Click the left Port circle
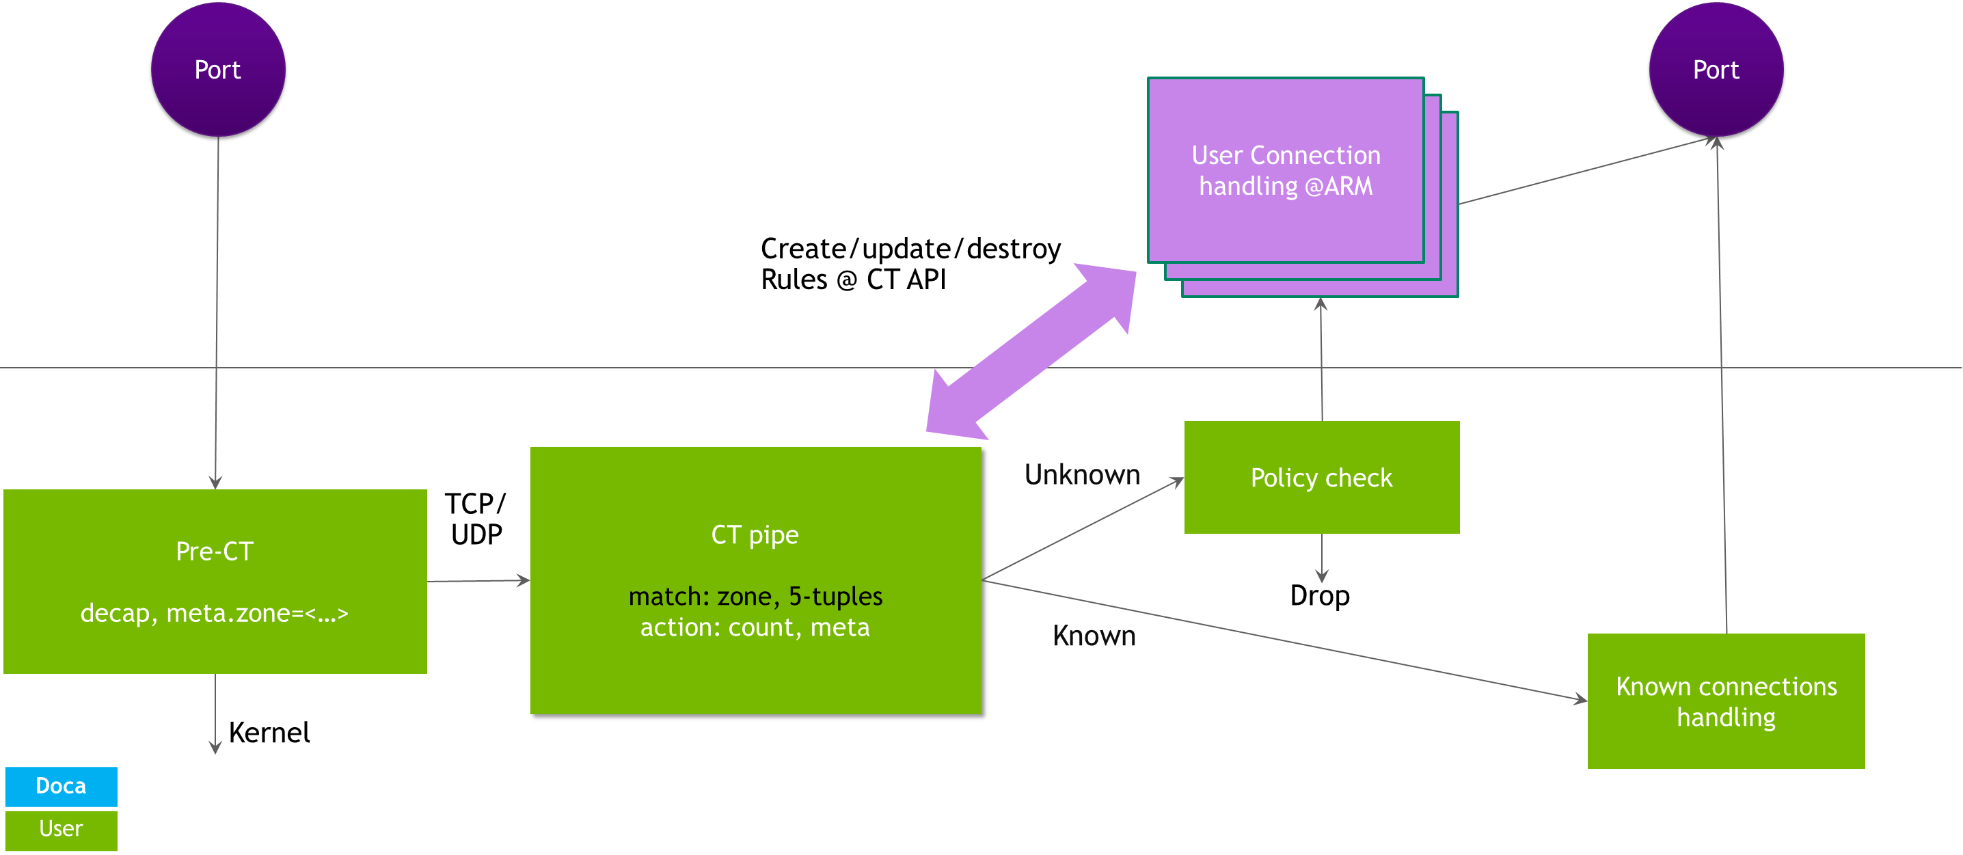click(x=218, y=69)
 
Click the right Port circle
click(x=1716, y=69)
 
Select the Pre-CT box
click(x=215, y=581)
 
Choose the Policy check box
click(x=1321, y=477)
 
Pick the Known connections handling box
click(x=1726, y=701)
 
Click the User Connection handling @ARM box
click(x=1286, y=171)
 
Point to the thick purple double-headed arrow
click(x=1031, y=351)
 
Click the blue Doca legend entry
click(x=61, y=786)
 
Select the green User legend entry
click(x=61, y=829)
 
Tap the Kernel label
click(x=269, y=732)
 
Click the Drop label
click(x=1320, y=595)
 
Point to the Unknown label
click(x=1082, y=475)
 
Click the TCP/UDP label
click(x=476, y=519)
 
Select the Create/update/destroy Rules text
click(x=910, y=264)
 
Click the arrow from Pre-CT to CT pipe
click(x=478, y=581)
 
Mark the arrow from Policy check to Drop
click(x=1321, y=558)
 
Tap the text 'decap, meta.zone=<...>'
click(x=214, y=612)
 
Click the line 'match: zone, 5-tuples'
click(x=755, y=596)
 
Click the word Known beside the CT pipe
click(x=1094, y=636)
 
